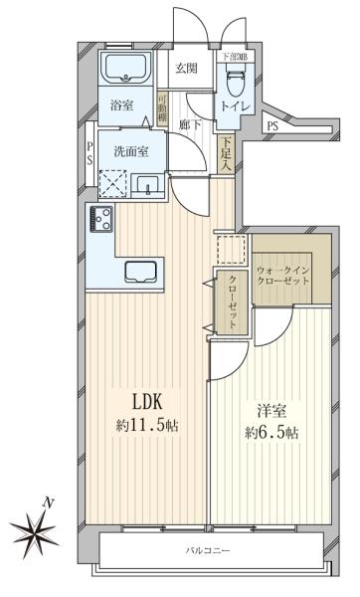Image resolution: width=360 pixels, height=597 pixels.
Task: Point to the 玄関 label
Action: tap(187, 69)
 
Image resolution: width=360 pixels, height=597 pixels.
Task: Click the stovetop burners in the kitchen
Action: tap(100, 217)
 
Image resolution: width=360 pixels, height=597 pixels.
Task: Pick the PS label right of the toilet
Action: tap(271, 126)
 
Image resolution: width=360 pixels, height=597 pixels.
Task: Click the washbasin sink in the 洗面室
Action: tap(149, 184)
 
